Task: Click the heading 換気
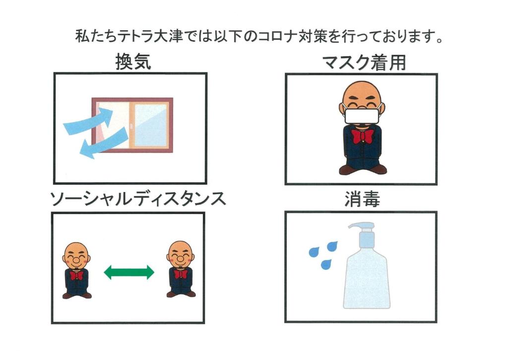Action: [133, 62]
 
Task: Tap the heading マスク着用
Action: [364, 63]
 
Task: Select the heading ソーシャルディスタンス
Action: [138, 199]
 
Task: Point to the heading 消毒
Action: [362, 199]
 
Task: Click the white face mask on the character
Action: [362, 116]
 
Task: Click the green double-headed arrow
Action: [129, 272]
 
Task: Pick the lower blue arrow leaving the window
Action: [104, 143]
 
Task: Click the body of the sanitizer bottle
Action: [367, 280]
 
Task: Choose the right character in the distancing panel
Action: [181, 269]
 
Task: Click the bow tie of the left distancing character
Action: [76, 276]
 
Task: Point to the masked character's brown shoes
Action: [363, 169]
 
